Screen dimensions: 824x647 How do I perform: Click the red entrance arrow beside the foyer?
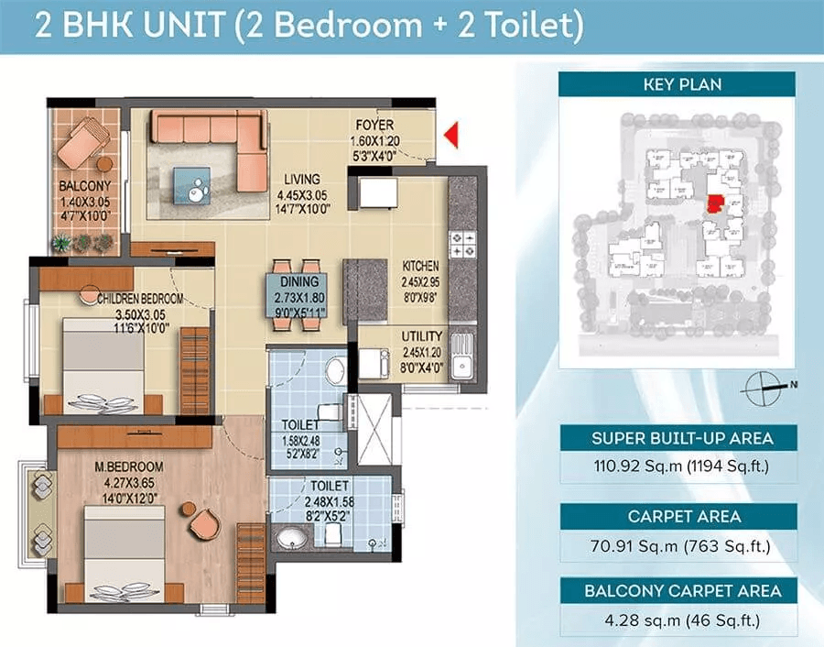click(x=452, y=135)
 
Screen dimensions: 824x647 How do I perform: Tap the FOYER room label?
click(x=374, y=126)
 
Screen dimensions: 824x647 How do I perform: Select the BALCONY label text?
click(x=85, y=186)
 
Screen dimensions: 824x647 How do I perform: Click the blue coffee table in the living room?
click(x=193, y=186)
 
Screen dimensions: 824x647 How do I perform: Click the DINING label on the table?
click(x=299, y=282)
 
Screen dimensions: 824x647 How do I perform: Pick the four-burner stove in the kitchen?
click(x=463, y=245)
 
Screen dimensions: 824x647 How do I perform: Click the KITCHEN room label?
click(x=420, y=266)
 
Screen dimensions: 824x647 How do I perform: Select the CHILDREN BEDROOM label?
click(x=140, y=299)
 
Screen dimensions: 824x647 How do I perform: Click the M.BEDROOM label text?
click(x=129, y=466)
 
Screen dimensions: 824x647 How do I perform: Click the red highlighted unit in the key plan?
click(x=715, y=203)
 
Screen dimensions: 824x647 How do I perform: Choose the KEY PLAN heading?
click(x=682, y=84)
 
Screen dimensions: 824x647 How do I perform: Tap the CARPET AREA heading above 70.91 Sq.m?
click(x=684, y=517)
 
